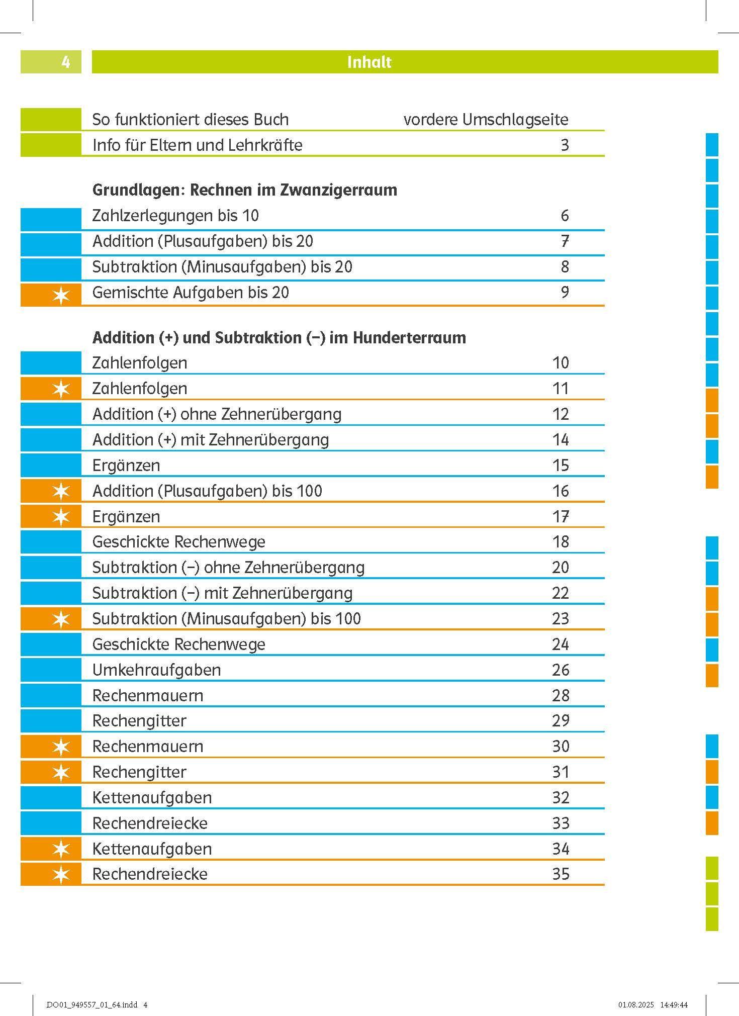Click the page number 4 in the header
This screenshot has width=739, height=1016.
click(65, 62)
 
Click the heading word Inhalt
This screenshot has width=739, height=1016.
click(369, 62)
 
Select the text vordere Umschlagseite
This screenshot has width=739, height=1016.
click(486, 120)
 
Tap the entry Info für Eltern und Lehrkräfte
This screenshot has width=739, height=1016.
click(197, 145)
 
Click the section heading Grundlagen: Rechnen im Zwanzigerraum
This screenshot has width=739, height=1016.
click(245, 190)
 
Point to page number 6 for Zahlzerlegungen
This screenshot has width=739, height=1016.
click(564, 216)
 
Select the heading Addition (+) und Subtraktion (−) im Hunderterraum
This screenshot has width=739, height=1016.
click(279, 337)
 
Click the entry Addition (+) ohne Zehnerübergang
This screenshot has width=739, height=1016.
click(217, 414)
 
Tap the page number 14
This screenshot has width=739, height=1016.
click(560, 440)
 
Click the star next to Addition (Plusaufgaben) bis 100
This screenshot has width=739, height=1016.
click(61, 492)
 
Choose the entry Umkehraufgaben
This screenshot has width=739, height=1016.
click(156, 670)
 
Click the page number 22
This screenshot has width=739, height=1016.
click(560, 593)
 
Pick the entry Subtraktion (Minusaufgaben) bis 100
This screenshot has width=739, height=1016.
click(226, 619)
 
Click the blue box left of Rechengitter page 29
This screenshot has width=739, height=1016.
click(51, 721)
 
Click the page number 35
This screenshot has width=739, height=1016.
click(560, 874)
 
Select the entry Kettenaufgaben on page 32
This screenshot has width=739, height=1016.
click(152, 798)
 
